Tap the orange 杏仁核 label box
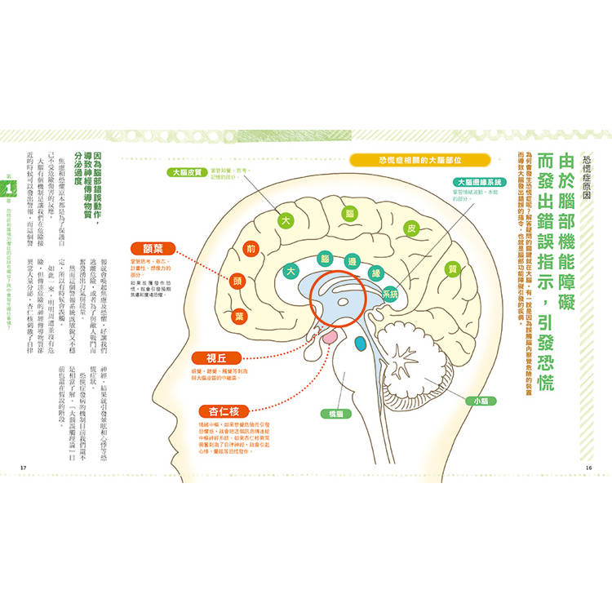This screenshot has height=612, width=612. (x=224, y=411)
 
